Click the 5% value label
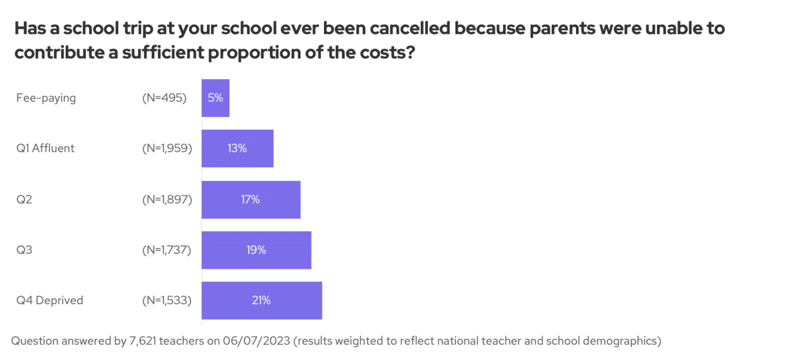(x=215, y=98)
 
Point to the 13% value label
(x=237, y=148)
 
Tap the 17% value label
(x=251, y=199)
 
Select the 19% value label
(x=256, y=250)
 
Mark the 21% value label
(x=262, y=300)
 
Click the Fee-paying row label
(x=46, y=98)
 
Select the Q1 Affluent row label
(x=46, y=148)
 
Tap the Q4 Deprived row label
(x=50, y=300)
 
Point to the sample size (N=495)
(x=164, y=98)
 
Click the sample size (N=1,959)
(x=167, y=148)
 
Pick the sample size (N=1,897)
(x=167, y=199)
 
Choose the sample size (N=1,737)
(x=167, y=250)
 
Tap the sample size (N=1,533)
(x=167, y=300)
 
